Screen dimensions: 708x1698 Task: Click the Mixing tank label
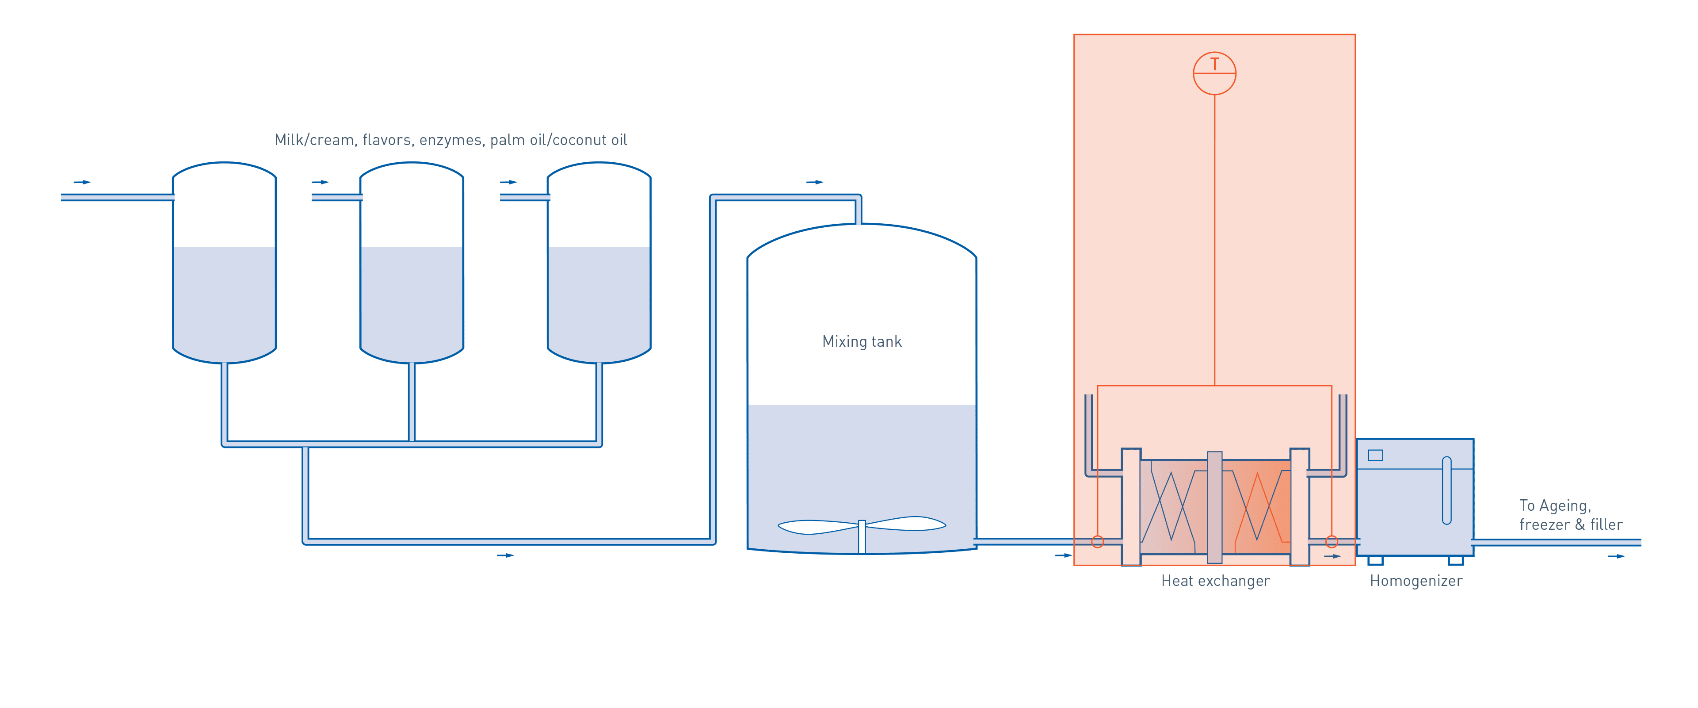tap(862, 341)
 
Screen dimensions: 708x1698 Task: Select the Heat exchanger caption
tap(1215, 581)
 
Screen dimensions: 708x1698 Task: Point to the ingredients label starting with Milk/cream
tap(451, 140)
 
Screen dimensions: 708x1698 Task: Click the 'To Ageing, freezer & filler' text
tap(1571, 515)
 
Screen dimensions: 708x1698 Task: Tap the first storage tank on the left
tap(224, 264)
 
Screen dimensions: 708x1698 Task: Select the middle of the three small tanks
tap(412, 264)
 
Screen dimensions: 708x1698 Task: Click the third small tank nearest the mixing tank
tap(599, 264)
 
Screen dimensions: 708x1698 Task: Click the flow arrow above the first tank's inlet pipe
tap(82, 182)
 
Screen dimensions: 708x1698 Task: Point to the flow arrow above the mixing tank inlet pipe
tap(815, 182)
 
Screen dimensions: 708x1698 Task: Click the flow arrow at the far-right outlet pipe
tap(1616, 556)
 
